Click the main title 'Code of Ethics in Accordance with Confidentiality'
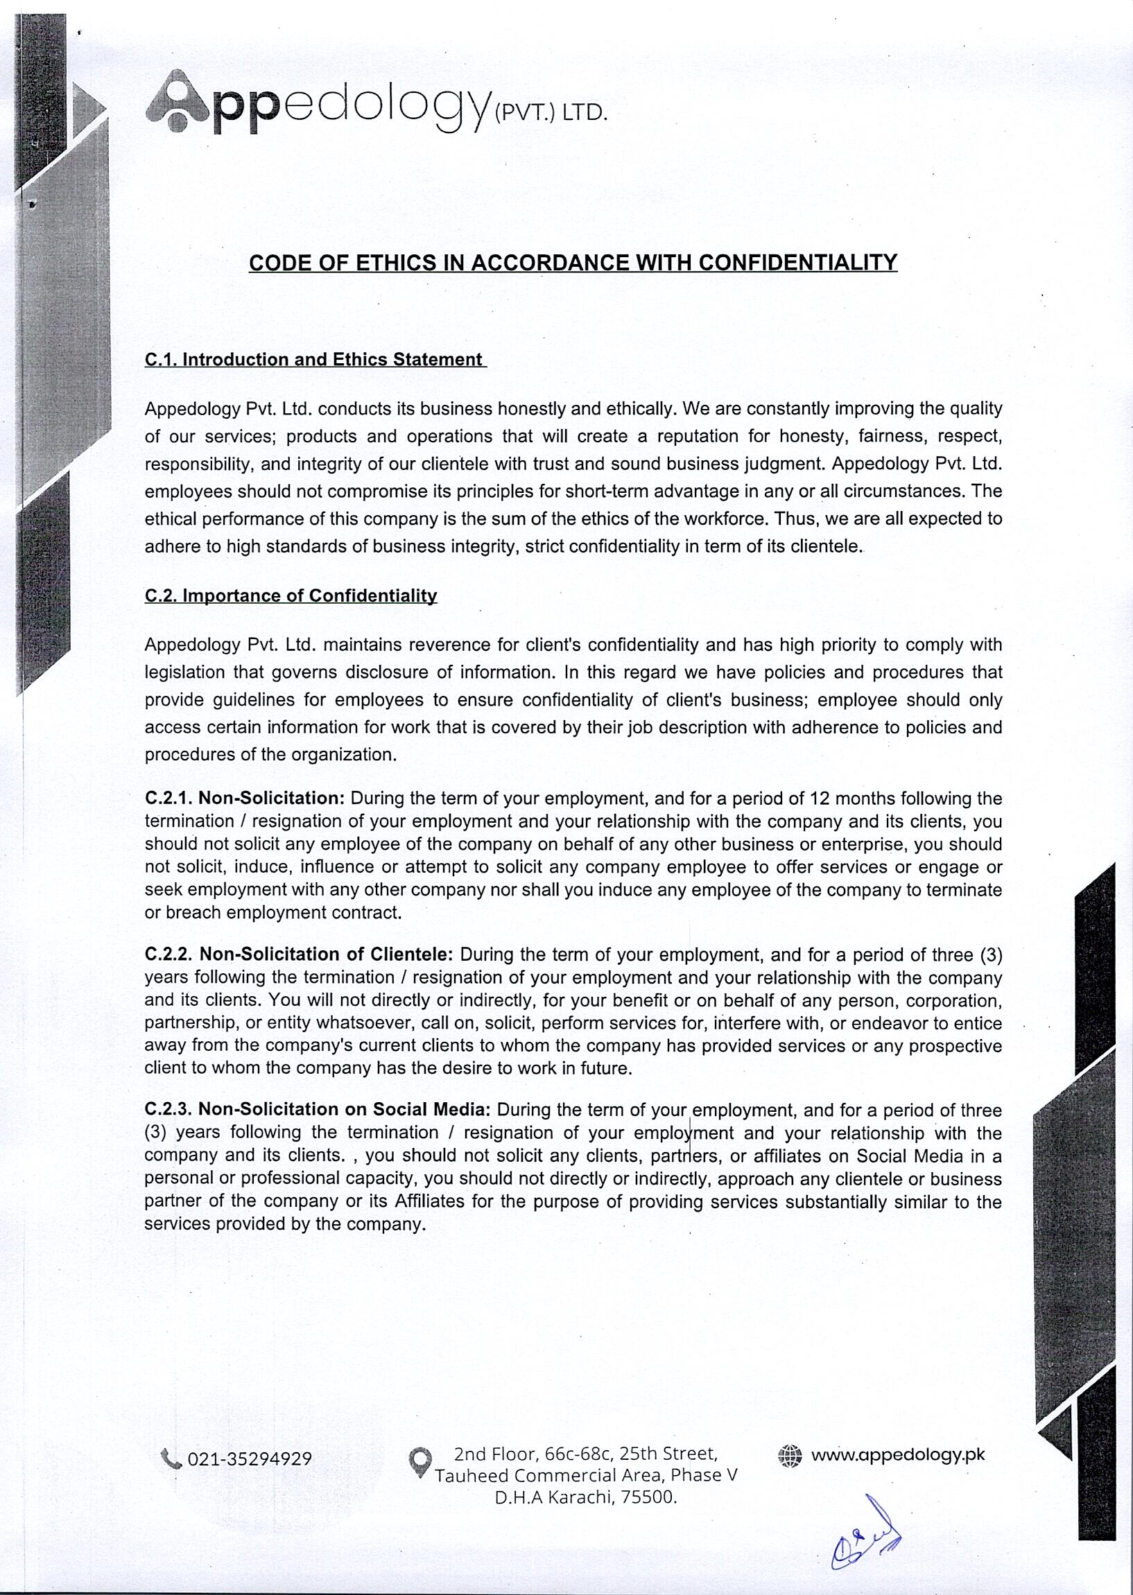pos(573,263)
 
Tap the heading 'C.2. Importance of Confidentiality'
pos(291,595)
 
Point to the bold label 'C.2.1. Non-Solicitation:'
pos(245,798)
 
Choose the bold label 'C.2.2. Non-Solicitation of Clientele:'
pos(300,954)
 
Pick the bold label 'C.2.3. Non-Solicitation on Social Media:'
pos(318,1110)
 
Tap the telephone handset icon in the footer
pos(171,1458)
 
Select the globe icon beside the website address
pos(790,1456)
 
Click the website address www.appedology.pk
pos(898,1455)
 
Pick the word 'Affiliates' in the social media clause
pos(429,1202)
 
